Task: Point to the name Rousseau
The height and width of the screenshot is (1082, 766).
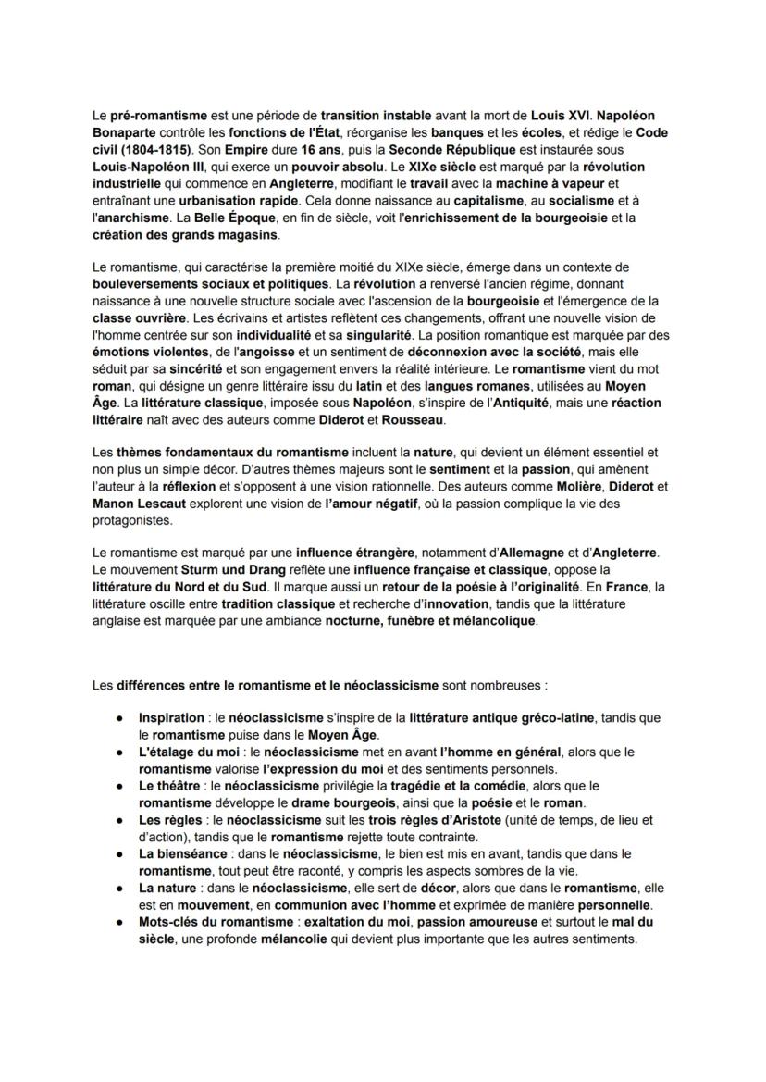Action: coord(413,420)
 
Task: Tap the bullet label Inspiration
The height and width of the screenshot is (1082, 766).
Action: coord(171,717)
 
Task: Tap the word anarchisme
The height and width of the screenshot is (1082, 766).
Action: coord(133,217)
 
